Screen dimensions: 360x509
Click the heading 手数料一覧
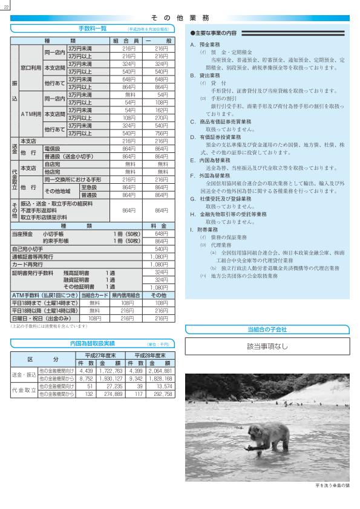tap(91, 28)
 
